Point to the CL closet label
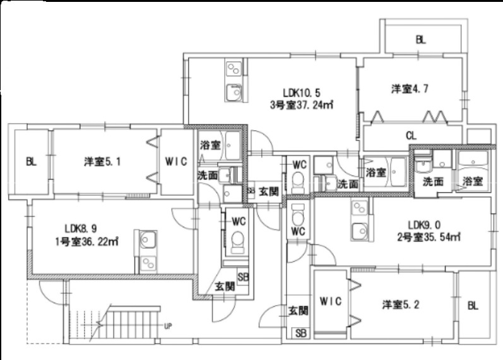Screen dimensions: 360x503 coord(411,135)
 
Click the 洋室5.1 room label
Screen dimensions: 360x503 coord(103,161)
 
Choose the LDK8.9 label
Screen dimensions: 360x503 coord(80,228)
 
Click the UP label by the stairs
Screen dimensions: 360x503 coord(167,327)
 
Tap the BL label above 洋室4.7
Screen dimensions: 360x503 coord(421,39)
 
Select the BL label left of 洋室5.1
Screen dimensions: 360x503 coord(31,161)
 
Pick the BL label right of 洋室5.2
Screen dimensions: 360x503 coord(473,306)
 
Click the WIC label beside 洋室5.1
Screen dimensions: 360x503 coord(175,161)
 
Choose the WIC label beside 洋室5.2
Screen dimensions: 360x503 coord(330,301)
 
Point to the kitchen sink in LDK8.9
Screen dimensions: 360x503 coord(150,241)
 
